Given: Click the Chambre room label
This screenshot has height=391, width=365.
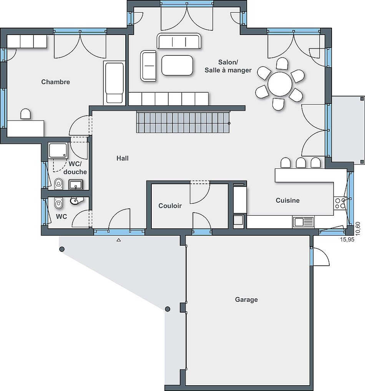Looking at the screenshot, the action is tap(56, 82).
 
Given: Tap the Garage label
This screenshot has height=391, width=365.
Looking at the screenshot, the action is tap(246, 299).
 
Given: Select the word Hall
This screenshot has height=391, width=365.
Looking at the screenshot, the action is tap(122, 158).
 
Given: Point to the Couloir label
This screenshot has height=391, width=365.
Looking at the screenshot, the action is tap(170, 206).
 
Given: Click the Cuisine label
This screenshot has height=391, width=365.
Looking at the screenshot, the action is tap(287, 200).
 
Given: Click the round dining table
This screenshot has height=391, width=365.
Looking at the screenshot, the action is tap(280, 84).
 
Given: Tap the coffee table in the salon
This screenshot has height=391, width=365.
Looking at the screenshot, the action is tap(177, 65).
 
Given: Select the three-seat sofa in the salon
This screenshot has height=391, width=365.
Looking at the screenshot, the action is tap(179, 41).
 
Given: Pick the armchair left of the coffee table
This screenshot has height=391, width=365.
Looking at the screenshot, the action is tap(148, 66).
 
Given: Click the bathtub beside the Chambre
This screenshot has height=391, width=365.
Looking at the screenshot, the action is tap(114, 83).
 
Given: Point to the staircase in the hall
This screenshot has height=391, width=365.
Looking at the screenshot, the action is tap(183, 122).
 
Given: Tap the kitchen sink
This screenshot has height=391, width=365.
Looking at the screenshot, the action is tap(304, 222).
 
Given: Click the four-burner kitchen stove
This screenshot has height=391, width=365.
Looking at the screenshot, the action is tap(340, 203).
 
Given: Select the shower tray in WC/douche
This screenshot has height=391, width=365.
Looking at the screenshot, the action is tap(58, 150).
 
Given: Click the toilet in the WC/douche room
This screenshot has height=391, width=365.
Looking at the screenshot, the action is tap(58, 184).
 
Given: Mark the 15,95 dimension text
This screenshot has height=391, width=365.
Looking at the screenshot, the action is tap(347, 240).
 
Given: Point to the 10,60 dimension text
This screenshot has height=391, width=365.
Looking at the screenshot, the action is tap(358, 229).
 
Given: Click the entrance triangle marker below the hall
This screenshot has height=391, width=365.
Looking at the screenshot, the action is tap(119, 240).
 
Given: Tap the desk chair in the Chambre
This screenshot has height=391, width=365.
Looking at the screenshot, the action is tap(25, 114).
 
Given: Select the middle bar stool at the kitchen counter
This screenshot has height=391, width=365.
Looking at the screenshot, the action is tap(301, 163).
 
